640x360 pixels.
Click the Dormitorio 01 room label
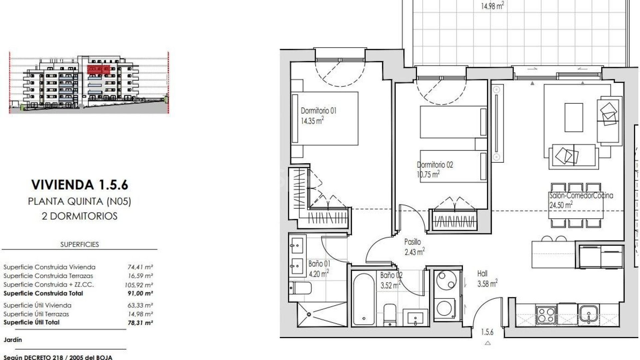pos(318,111)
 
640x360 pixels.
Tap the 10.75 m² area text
pos(428,174)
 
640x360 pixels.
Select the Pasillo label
pos(412,242)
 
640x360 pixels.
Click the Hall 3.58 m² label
pos(487,279)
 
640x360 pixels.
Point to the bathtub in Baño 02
pos(364,299)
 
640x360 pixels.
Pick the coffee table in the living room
pos(574,117)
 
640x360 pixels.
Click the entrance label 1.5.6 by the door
pos(487,332)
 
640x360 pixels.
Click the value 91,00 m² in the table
pos(140,294)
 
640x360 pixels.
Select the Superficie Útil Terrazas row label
pos(36,314)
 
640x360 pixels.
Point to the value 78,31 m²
pos(140,323)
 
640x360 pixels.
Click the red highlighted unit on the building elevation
pos(98,69)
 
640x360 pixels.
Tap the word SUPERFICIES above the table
pos(79,244)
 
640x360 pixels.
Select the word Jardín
pos(13,340)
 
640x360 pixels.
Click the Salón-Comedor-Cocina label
pos(581,196)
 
